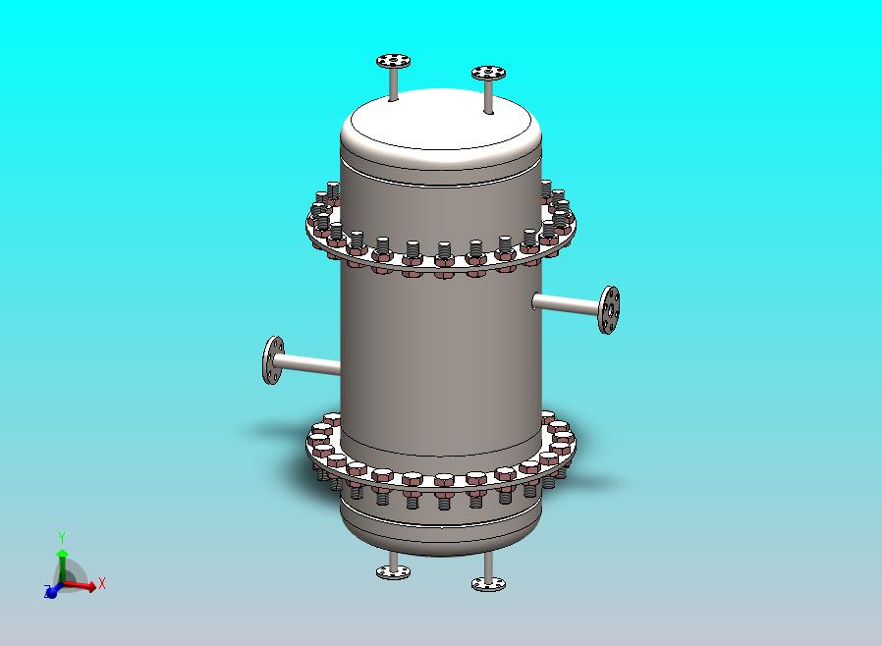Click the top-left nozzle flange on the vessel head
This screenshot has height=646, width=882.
393,61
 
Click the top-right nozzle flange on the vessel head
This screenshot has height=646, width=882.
488,73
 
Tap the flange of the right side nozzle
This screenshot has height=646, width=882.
609,310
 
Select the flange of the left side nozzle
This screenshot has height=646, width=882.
273,360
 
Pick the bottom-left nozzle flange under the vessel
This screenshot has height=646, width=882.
393,572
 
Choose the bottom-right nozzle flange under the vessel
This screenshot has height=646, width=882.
488,584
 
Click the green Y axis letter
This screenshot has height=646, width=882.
62,538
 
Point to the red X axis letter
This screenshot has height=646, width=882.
102,583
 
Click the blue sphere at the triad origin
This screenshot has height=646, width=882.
52,591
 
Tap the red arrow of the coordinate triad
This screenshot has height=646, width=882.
79,586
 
